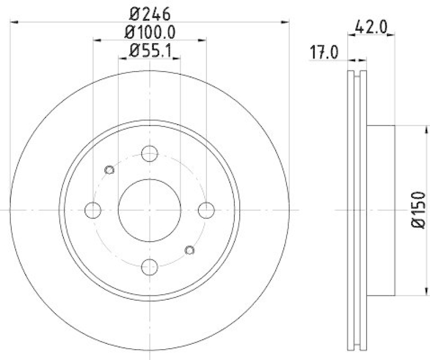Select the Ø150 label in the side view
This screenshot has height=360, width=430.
tap(420, 210)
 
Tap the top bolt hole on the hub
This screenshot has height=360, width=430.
tap(149, 153)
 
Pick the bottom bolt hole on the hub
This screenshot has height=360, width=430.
tap(149, 266)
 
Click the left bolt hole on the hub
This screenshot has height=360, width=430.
tap(93, 210)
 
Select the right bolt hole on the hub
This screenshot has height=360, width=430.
tap(206, 210)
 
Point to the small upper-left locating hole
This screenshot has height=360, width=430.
tap(109, 170)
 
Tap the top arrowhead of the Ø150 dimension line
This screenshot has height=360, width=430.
tap(424, 127)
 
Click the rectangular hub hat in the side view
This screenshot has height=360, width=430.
tap(381, 210)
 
